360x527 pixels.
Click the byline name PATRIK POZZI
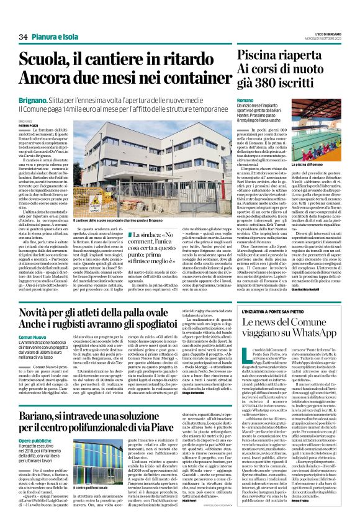coord(29,125)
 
